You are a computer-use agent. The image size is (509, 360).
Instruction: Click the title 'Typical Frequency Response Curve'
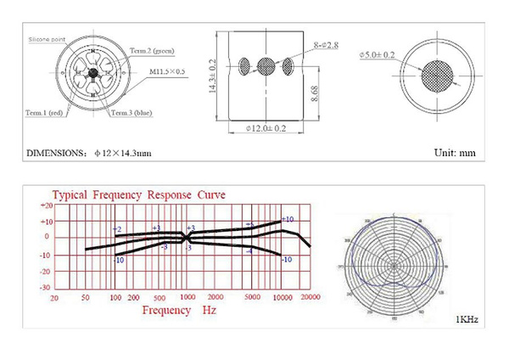pos(139,194)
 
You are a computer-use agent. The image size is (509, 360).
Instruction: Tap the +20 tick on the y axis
pos(46,205)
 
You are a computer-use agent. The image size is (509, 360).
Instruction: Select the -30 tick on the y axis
pos(46,286)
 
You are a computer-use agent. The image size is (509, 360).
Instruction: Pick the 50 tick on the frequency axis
pos(85,298)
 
